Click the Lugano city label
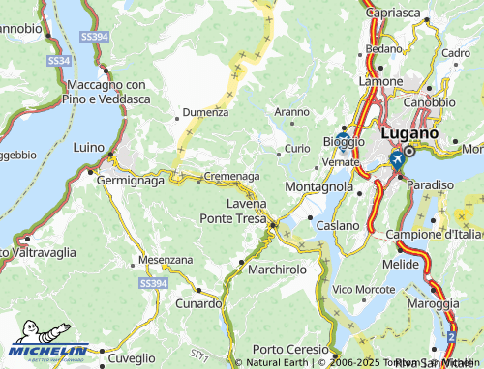[x=409, y=132]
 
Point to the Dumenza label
[x=205, y=112]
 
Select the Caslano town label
[x=338, y=224]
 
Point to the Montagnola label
[x=319, y=185]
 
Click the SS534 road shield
[x=59, y=61]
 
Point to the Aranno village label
[x=292, y=112]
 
